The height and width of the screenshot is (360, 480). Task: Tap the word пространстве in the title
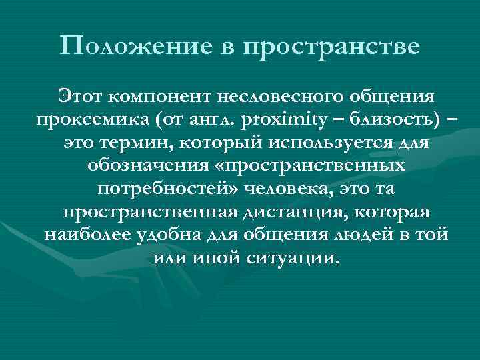tap(332, 46)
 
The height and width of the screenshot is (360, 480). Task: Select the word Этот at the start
tap(80, 97)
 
